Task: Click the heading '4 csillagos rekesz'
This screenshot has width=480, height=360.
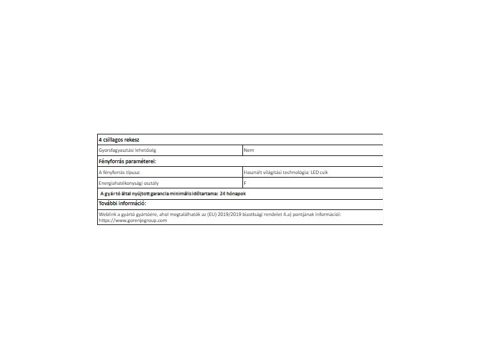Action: click(119, 139)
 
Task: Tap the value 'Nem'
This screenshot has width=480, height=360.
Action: click(249, 150)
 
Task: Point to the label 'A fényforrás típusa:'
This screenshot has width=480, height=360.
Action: click(119, 172)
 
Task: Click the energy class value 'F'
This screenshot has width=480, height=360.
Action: click(245, 183)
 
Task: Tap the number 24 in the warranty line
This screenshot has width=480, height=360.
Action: click(223, 194)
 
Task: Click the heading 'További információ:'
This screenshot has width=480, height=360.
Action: click(122, 203)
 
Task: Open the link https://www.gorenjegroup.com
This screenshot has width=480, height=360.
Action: click(133, 220)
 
